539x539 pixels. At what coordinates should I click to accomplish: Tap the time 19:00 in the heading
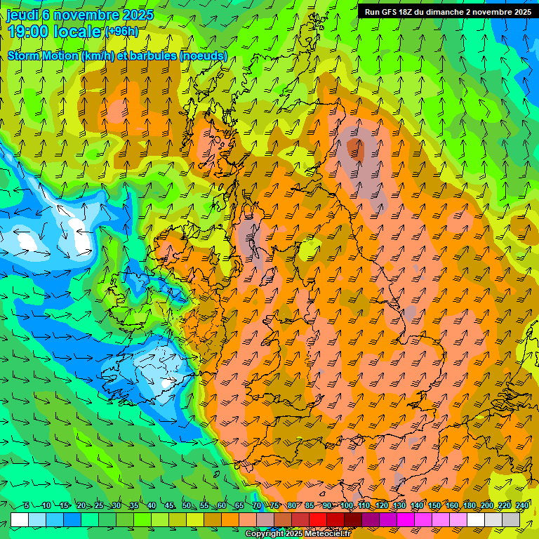28,31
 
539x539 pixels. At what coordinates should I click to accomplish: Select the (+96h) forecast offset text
121,32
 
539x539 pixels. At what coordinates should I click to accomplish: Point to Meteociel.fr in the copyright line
326,534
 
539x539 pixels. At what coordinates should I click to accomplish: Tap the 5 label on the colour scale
27,505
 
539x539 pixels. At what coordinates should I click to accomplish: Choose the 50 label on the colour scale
187,505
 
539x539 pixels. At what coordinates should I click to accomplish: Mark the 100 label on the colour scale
347,505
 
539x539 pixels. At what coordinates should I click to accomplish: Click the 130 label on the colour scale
399,505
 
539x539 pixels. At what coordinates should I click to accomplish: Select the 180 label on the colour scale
470,505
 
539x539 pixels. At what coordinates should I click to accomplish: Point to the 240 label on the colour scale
522,505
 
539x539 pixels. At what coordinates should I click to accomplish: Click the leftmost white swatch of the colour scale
20,520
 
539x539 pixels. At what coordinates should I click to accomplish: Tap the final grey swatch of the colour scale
511,520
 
